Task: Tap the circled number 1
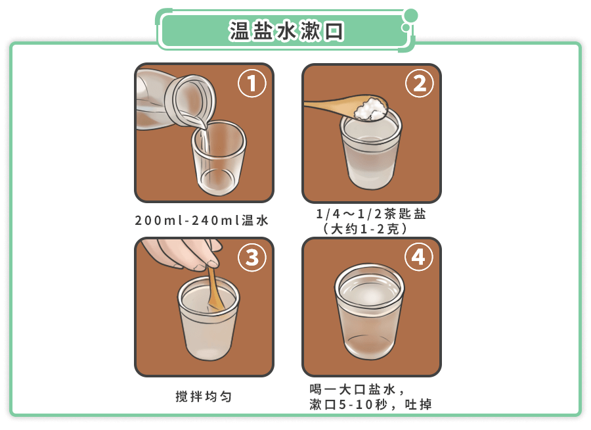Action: [252, 84]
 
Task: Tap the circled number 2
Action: [419, 84]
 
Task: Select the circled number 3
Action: [252, 258]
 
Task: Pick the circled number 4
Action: [419, 258]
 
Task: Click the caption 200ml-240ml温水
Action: [202, 220]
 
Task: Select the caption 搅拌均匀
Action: [204, 396]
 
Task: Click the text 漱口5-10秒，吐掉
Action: [370, 404]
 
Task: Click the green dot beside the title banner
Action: [410, 16]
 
